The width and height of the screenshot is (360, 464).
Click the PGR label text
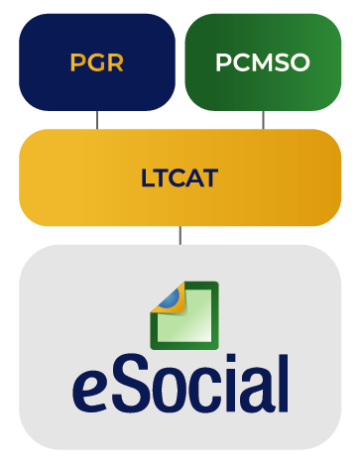[x=96, y=62]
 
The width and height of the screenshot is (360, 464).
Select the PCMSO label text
[x=263, y=62]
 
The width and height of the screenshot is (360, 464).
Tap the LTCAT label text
[x=180, y=177]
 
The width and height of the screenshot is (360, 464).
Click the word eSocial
[x=180, y=383]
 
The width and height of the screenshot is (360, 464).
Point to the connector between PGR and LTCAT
[x=97, y=120]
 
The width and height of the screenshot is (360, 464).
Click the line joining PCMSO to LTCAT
[x=263, y=120]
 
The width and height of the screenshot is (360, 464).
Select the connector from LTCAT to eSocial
[x=180, y=236]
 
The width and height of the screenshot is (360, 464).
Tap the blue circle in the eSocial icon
[x=171, y=297]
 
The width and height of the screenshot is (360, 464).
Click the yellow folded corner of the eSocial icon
[x=170, y=298]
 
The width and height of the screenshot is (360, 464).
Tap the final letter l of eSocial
[x=284, y=383]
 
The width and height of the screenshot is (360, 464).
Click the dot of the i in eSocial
[x=231, y=359]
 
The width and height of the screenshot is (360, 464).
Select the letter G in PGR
[x=96, y=62]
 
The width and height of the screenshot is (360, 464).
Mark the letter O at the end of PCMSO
[x=300, y=62]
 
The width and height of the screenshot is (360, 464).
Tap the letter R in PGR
[x=116, y=62]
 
